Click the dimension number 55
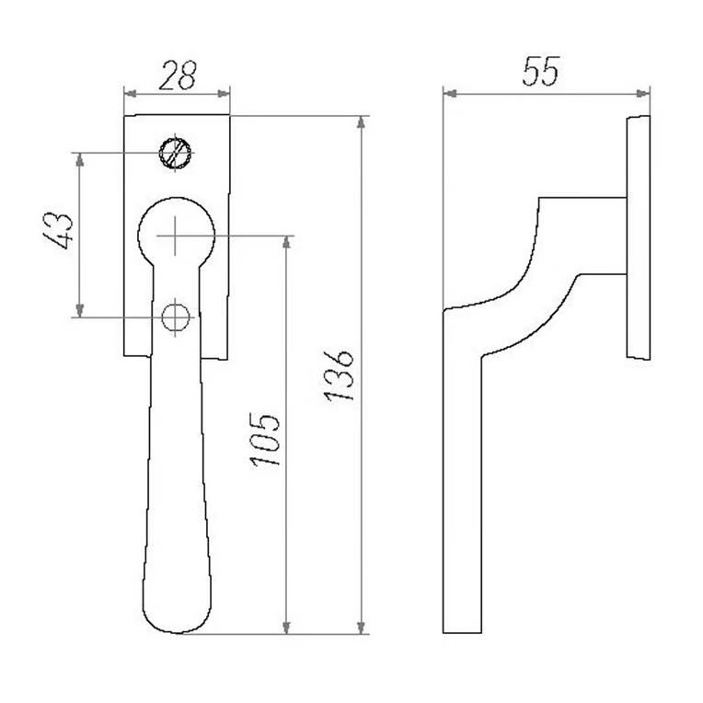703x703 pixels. click(541, 71)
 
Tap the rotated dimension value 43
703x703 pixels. click(58, 230)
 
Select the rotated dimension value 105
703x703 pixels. click(265, 440)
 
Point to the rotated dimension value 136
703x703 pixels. click(340, 376)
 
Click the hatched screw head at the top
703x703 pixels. click(176, 153)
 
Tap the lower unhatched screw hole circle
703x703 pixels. click(176, 317)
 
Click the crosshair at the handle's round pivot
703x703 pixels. click(176, 236)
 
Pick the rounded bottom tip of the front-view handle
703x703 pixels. click(178, 632)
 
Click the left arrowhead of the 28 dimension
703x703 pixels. click(130, 94)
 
